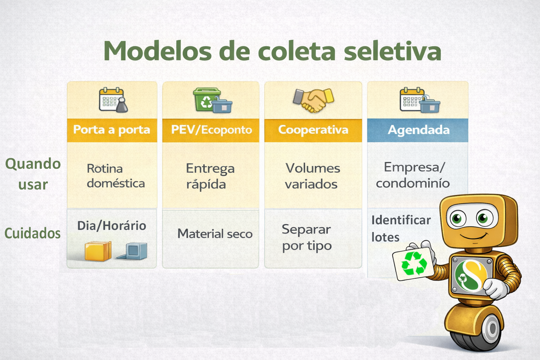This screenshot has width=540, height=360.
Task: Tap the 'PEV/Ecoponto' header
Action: tap(211, 130)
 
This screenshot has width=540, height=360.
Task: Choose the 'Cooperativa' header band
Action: tap(313, 130)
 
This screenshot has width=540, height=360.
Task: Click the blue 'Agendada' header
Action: tap(418, 130)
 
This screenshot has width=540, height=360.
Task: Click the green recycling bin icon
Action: tap(207, 99)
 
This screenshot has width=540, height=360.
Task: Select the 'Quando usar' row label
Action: tap(33, 174)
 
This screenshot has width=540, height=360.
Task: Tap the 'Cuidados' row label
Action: tap(33, 233)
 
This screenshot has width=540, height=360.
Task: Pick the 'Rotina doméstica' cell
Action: tap(116, 176)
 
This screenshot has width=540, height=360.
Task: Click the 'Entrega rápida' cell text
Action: tap(210, 176)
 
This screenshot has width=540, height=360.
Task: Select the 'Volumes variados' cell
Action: tap(313, 176)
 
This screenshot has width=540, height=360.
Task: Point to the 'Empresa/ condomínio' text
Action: tap(413, 175)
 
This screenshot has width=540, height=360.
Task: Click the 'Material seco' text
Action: tap(215, 234)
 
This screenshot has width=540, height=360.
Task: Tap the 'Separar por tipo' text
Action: tap(307, 238)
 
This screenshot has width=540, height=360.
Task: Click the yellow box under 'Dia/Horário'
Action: tap(98, 251)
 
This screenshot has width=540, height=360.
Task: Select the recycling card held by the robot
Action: tap(414, 264)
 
